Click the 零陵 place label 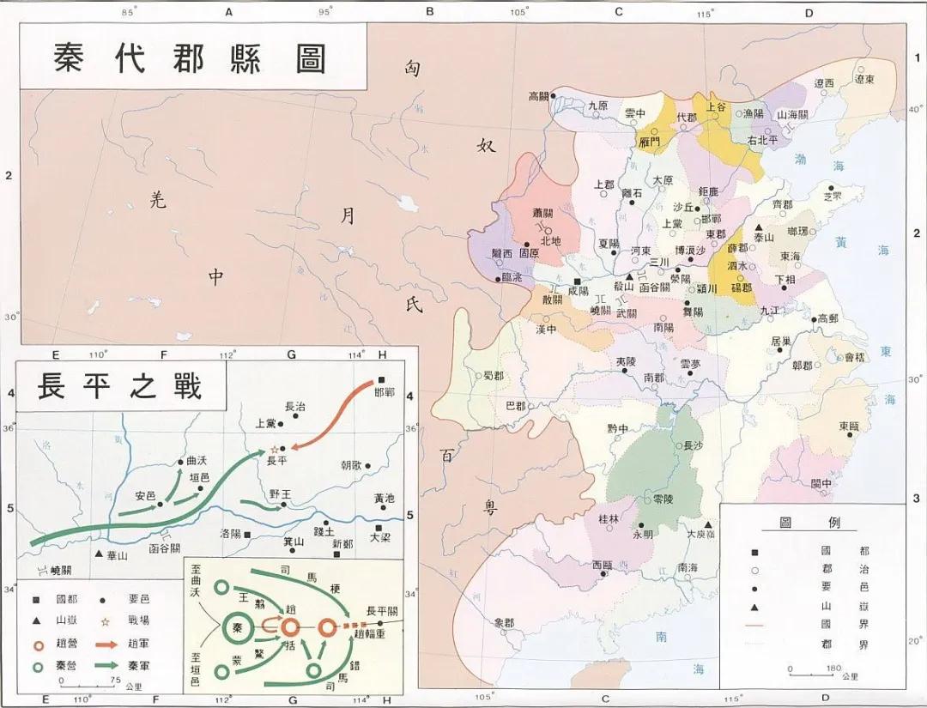point(663,499)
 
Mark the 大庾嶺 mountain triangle point(708,524)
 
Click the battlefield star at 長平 point(275,449)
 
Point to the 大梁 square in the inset point(379,528)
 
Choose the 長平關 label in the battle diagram point(382,610)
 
